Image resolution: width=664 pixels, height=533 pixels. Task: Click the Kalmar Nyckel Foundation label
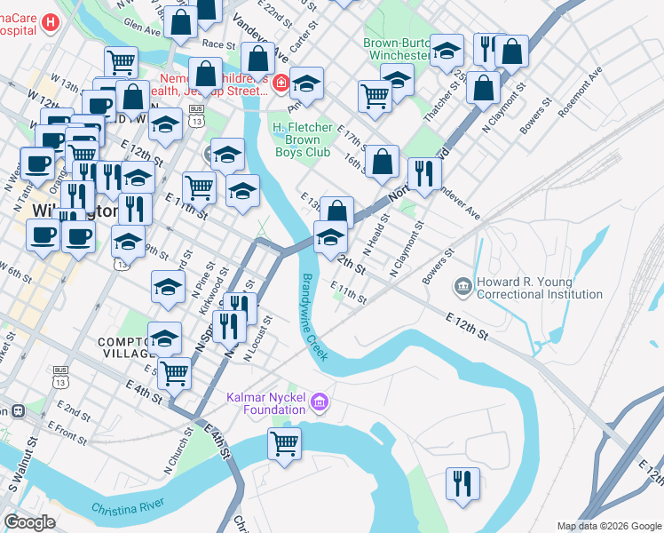tap(265, 403)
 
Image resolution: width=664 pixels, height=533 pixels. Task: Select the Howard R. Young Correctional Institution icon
tap(462, 286)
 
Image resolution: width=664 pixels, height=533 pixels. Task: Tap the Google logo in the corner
tap(29, 522)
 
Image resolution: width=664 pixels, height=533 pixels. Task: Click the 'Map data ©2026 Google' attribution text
tap(608, 526)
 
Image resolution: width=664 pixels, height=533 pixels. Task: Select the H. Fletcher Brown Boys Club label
tap(302, 139)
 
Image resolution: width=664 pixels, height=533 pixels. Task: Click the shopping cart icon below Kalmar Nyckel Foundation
tap(284, 442)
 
